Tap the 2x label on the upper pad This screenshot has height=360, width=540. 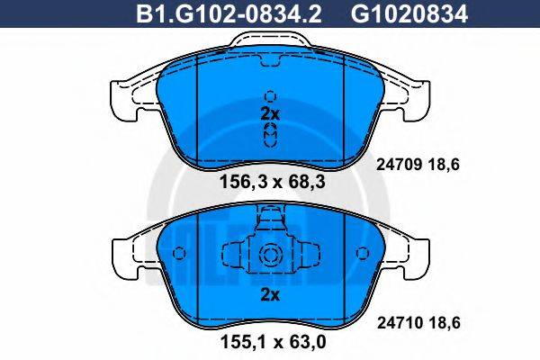(269, 114)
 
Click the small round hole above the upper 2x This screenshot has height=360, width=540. (269, 94)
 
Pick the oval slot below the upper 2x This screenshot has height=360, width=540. (269, 135)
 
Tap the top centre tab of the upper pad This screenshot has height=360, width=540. (269, 39)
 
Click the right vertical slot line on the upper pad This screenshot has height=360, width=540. (346, 108)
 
